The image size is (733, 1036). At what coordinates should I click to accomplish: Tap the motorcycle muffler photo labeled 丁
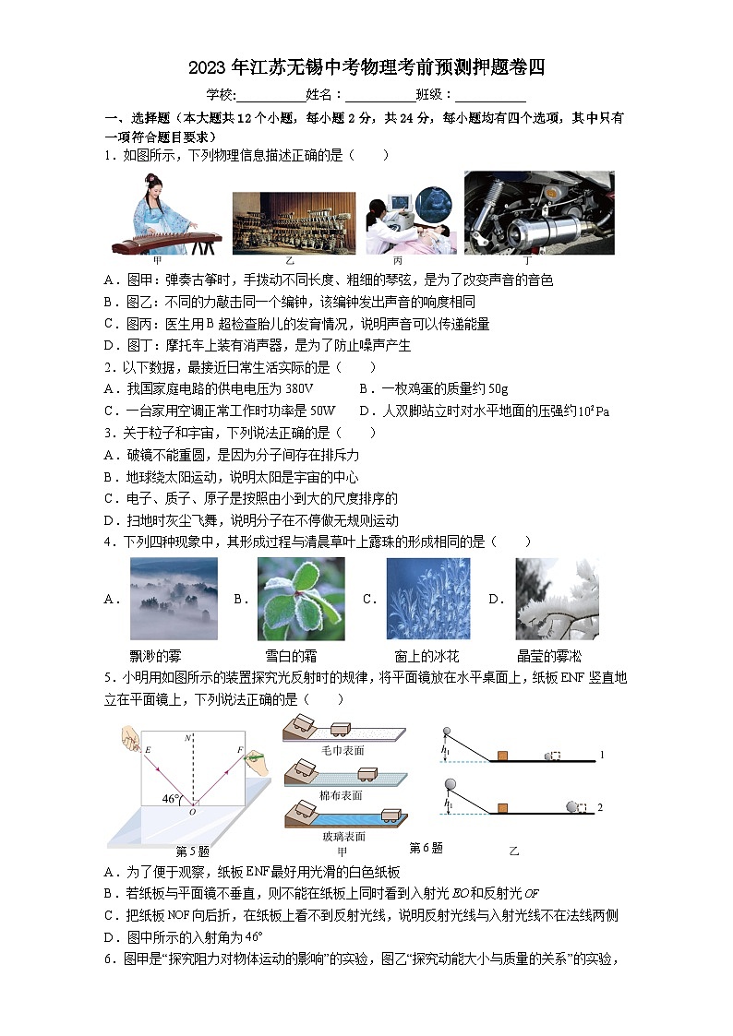click(x=538, y=212)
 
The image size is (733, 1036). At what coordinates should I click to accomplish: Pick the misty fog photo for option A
click(x=174, y=599)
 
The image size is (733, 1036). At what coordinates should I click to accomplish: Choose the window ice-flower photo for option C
click(x=427, y=599)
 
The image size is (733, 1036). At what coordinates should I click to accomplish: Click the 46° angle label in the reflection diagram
click(x=170, y=799)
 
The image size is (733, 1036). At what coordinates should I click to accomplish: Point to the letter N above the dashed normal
click(x=188, y=737)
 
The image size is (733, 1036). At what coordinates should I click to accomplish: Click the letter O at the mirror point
click(x=192, y=812)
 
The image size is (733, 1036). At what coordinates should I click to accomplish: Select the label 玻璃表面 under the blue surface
click(x=342, y=836)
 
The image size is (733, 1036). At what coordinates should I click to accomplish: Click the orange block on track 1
click(x=502, y=756)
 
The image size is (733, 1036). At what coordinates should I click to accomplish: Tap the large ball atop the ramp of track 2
click(x=451, y=786)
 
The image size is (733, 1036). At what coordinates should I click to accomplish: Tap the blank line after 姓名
click(x=380, y=95)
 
